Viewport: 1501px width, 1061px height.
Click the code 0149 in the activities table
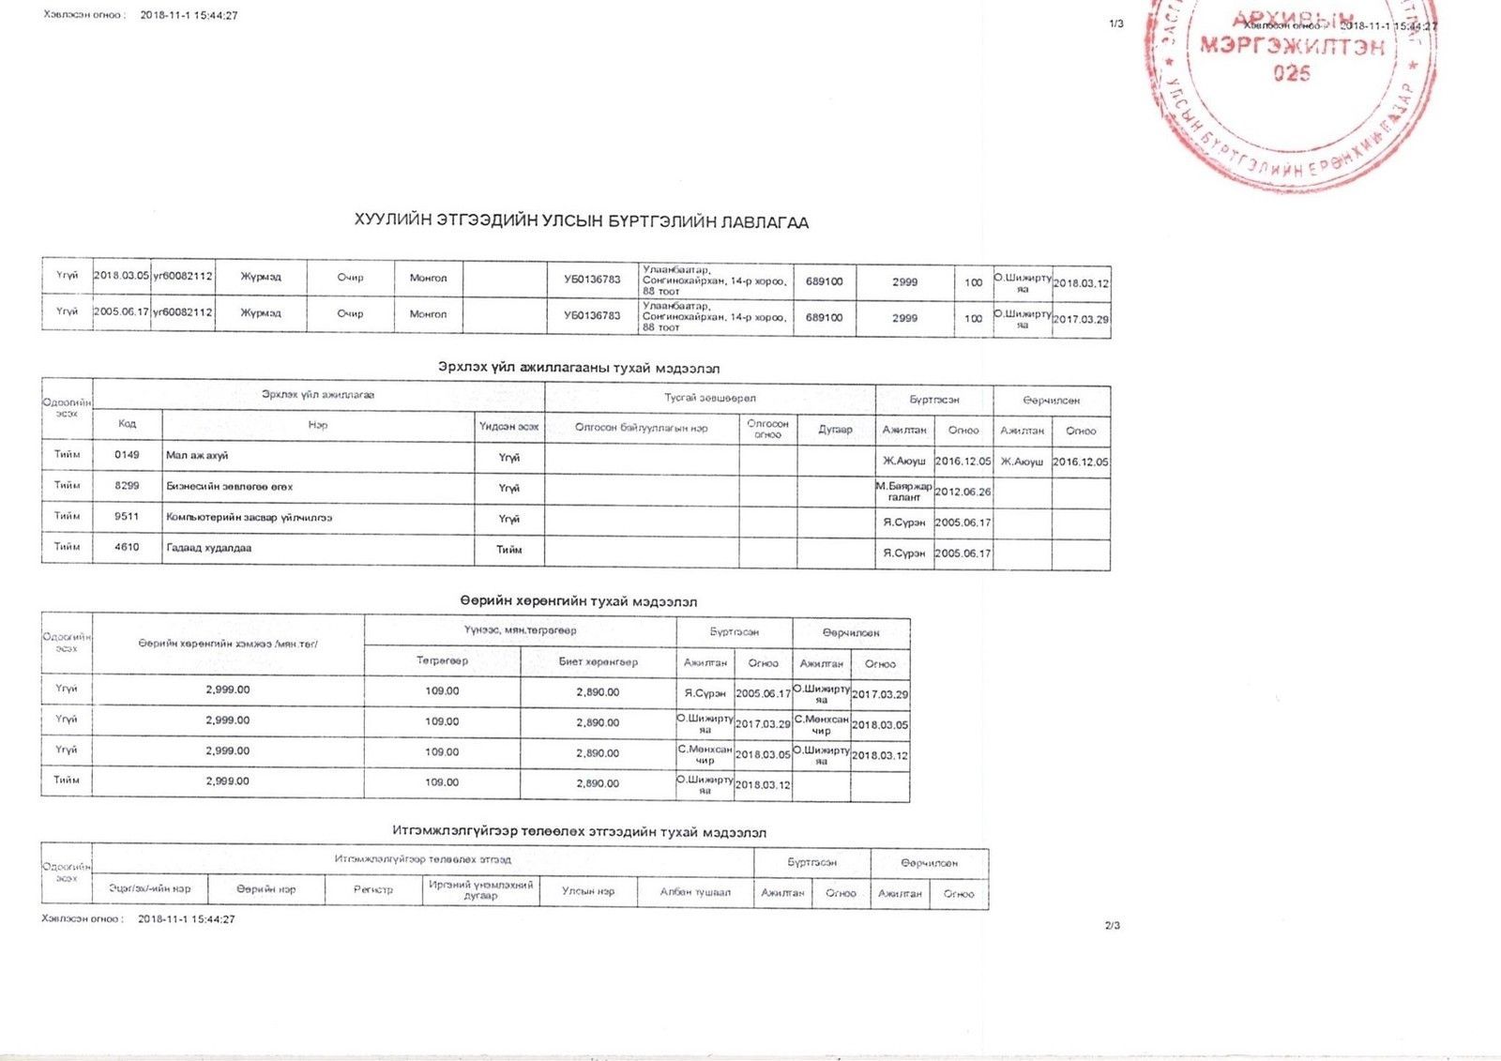pos(127,455)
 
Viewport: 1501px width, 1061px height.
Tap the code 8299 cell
pos(127,486)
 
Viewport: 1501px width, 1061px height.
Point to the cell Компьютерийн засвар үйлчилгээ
pos(249,517)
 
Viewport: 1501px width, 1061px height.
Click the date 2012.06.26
pos(963,492)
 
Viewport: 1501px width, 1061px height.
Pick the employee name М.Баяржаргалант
pos(903,492)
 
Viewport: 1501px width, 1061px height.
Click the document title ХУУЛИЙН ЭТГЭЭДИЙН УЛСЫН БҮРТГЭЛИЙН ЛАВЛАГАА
pos(581,222)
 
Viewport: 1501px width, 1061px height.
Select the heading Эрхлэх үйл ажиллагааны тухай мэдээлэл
pos(579,369)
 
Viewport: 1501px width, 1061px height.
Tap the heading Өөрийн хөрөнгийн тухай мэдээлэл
pos(578,601)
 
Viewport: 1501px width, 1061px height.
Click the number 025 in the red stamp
pos(1291,73)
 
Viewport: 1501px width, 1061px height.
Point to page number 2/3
pos(1113,925)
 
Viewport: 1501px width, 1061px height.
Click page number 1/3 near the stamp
pos(1115,23)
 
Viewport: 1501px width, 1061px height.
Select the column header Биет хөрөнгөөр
pos(598,661)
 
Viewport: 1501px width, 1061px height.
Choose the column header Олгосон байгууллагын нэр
pos(642,428)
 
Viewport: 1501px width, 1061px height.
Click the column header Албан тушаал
pos(695,891)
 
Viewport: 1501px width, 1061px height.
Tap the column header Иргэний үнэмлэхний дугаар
pos(480,890)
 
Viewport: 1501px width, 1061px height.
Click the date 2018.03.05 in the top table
pos(121,276)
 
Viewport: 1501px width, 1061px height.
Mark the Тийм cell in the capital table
pos(67,781)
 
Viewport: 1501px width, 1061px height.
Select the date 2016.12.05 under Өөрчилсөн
pos(1080,462)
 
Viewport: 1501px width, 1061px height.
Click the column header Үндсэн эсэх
pos(508,426)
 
